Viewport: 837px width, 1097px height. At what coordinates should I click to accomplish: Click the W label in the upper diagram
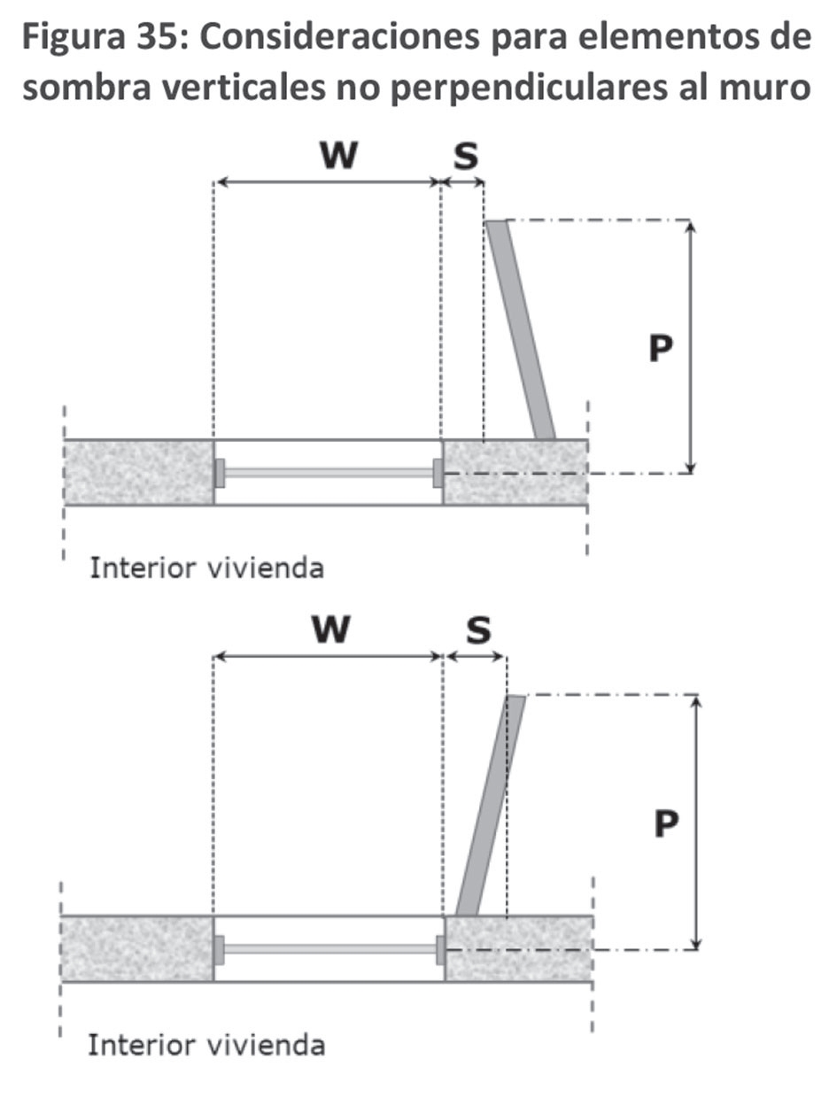point(338,156)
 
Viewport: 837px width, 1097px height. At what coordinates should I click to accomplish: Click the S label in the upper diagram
point(465,156)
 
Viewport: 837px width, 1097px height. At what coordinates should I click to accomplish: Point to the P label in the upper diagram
point(660,349)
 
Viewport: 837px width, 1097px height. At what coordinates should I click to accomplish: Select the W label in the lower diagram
point(329,630)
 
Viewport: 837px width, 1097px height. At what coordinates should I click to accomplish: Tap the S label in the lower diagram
point(477,630)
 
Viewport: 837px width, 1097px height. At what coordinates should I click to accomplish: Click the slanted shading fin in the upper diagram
point(521,330)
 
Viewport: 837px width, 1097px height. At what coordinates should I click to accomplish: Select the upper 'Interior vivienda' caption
point(206,568)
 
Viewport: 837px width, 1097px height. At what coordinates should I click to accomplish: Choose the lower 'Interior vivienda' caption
point(206,1045)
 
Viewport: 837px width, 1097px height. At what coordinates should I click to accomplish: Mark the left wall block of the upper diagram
point(138,472)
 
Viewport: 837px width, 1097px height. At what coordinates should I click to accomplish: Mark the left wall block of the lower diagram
point(136,948)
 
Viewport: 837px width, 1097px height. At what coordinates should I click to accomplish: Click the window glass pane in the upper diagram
point(328,473)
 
